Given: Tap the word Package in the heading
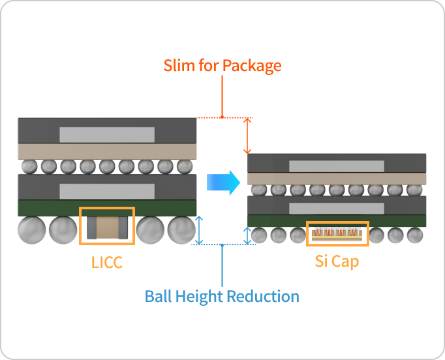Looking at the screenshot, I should (252, 66).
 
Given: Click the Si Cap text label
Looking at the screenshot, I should (337, 262).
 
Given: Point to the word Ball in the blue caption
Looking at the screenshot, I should (158, 296).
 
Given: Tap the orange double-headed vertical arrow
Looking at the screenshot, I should (247, 136).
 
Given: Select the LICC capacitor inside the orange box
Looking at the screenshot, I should (107, 226).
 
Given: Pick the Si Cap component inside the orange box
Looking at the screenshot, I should (337, 234).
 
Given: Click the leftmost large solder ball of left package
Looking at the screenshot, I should (32, 230).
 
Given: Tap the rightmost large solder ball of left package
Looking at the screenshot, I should (181, 230).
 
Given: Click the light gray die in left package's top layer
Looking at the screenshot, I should (107, 134).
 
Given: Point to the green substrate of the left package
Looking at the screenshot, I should (39, 208).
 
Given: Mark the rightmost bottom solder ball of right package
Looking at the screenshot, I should (415, 235).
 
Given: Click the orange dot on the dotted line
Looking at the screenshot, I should (222, 117).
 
